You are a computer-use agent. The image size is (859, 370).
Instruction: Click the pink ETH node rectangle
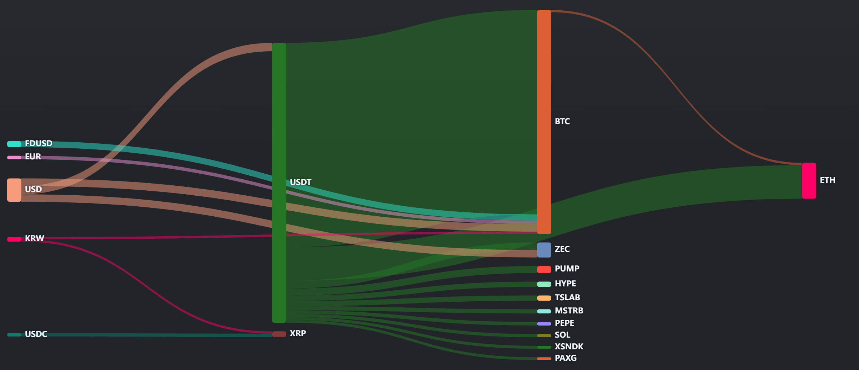pos(809,181)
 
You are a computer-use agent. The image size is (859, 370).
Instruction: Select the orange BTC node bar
pos(544,122)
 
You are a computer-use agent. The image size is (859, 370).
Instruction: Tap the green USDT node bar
pos(279,183)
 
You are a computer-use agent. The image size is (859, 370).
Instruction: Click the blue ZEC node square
pos(544,250)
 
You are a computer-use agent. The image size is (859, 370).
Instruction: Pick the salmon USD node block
pos(14,190)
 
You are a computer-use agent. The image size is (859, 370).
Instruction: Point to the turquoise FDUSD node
pos(14,144)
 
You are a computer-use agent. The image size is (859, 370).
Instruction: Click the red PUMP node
pos(544,269)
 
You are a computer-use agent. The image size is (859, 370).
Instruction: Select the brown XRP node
pos(279,334)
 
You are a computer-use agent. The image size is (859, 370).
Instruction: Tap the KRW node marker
pos(14,239)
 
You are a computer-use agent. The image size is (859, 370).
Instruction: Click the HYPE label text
pos(565,284)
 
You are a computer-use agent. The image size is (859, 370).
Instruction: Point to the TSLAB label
pos(567,297)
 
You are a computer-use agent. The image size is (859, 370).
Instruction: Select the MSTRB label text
pos(569,311)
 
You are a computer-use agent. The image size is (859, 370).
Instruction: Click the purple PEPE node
pos(544,324)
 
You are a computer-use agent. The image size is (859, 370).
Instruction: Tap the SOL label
pos(562,335)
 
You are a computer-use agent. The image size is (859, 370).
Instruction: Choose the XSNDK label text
pos(569,347)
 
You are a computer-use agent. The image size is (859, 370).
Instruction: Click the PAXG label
pos(566,358)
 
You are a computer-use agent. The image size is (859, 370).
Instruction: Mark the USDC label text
pos(36,334)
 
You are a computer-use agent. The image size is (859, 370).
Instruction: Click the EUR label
pos(33,157)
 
